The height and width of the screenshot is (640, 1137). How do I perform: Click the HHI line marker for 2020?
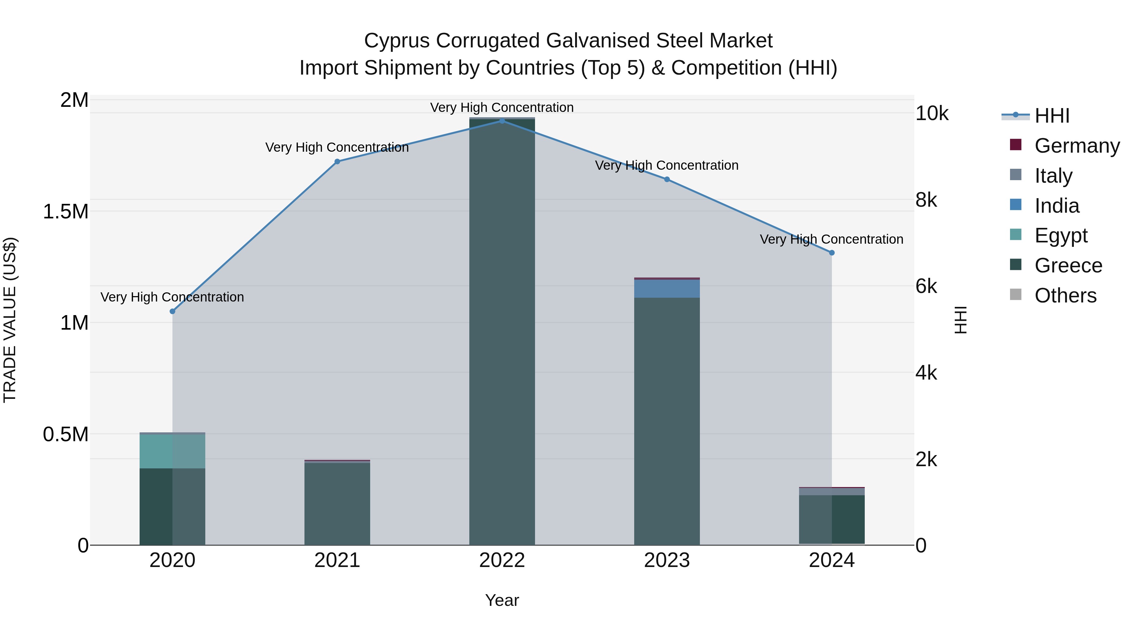172,311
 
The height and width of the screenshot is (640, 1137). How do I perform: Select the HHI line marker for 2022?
502,121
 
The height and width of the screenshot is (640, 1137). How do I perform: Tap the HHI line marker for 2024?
832,253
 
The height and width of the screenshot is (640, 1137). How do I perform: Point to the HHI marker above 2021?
337,162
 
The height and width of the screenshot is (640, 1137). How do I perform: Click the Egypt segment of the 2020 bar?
172,451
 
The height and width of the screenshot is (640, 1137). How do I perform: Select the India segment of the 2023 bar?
667,289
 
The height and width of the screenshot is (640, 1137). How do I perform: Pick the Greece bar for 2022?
502,331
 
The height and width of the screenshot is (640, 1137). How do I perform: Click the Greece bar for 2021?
337,503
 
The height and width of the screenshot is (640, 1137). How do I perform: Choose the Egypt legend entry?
1061,235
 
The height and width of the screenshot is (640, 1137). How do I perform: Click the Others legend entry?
1065,296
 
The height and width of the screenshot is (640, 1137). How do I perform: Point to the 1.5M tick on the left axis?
66,211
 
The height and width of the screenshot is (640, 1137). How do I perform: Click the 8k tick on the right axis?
926,200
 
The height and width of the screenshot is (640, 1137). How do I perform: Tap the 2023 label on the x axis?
667,560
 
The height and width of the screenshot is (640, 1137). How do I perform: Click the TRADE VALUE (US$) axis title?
10,320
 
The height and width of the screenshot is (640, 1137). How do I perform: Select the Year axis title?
502,600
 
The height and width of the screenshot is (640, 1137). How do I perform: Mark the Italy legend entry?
1053,176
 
